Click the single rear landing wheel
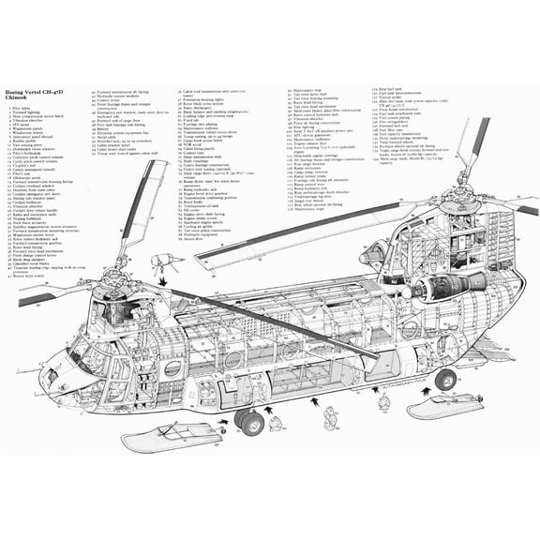tap(445, 379)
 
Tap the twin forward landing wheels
tap(248, 422)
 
